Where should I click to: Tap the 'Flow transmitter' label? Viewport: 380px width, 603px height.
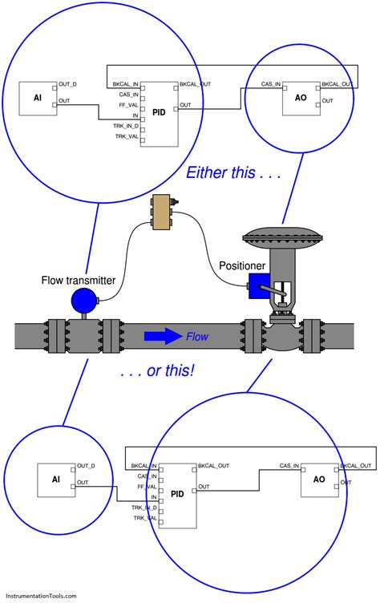[79, 280]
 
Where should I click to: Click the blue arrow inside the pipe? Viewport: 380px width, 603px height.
[163, 337]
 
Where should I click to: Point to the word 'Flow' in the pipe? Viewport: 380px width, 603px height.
[197, 337]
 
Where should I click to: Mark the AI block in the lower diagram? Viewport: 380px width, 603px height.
[56, 479]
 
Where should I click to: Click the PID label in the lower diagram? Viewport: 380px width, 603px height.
[177, 494]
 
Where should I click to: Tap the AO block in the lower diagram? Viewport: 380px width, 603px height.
[319, 479]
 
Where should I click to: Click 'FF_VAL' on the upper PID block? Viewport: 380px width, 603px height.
[127, 105]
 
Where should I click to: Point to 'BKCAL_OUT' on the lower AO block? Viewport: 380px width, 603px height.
[358, 466]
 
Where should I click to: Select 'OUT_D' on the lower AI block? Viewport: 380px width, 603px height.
[86, 466]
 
